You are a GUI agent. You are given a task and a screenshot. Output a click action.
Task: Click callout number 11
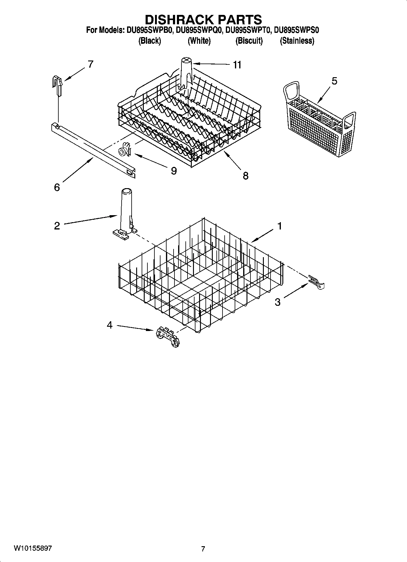click(x=237, y=65)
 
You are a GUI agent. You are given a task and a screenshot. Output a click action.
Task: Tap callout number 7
click(x=90, y=64)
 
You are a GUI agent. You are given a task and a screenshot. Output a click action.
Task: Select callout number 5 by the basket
click(x=334, y=81)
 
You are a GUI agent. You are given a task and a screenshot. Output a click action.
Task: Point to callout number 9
click(x=174, y=171)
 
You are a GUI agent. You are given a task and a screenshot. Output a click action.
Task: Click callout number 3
click(x=278, y=302)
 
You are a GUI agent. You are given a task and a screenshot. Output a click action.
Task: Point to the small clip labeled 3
click(x=317, y=282)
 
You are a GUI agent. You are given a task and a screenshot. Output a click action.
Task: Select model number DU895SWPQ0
click(x=199, y=30)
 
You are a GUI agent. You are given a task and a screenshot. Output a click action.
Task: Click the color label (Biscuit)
click(x=249, y=41)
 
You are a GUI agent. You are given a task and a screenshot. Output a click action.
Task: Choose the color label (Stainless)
click(x=297, y=41)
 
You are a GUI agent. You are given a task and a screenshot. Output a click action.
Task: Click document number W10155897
click(x=33, y=548)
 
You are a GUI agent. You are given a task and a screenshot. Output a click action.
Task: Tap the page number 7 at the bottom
click(x=203, y=549)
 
